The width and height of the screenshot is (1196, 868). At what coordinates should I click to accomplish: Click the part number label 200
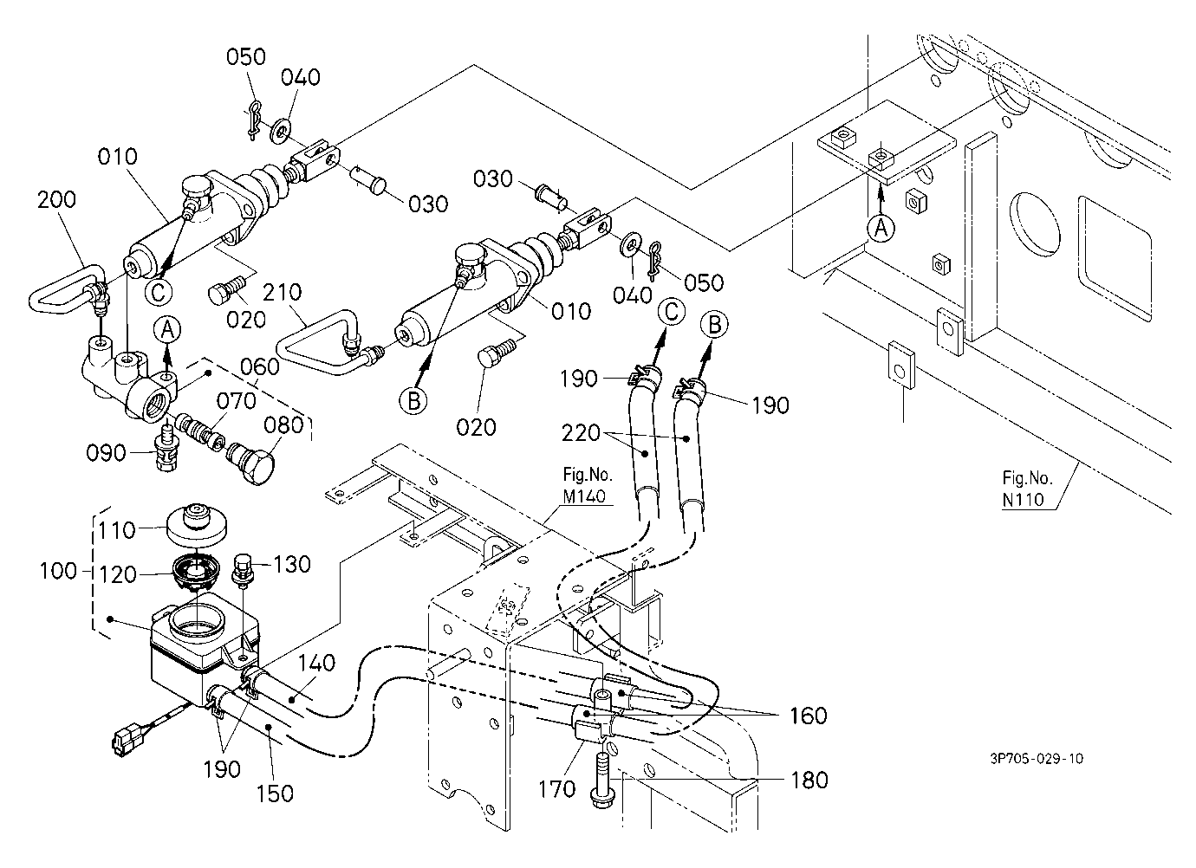tap(56, 199)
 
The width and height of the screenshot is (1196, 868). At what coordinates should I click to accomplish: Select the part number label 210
tap(282, 292)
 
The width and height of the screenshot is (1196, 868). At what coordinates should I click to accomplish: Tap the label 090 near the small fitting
tap(106, 453)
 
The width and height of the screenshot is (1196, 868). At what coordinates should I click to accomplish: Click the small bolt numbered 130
tap(243, 569)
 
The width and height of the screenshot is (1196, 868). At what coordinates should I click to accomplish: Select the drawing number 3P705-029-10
tap(1037, 759)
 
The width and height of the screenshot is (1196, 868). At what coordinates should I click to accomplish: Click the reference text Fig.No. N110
tap(1027, 489)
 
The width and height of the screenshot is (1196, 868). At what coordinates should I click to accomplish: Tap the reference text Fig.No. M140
tap(588, 485)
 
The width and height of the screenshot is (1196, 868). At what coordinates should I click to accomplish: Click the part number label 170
tap(556, 789)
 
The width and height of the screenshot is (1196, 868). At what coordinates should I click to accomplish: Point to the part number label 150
tap(275, 794)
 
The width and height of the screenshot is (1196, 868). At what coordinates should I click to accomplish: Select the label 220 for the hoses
tap(581, 432)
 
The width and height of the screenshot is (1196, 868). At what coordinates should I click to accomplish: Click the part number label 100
tap(59, 571)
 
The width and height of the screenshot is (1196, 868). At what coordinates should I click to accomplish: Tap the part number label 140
tap(316, 664)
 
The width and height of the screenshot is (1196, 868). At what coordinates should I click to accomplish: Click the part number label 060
tap(260, 367)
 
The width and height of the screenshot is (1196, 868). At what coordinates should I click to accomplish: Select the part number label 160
tap(809, 716)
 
